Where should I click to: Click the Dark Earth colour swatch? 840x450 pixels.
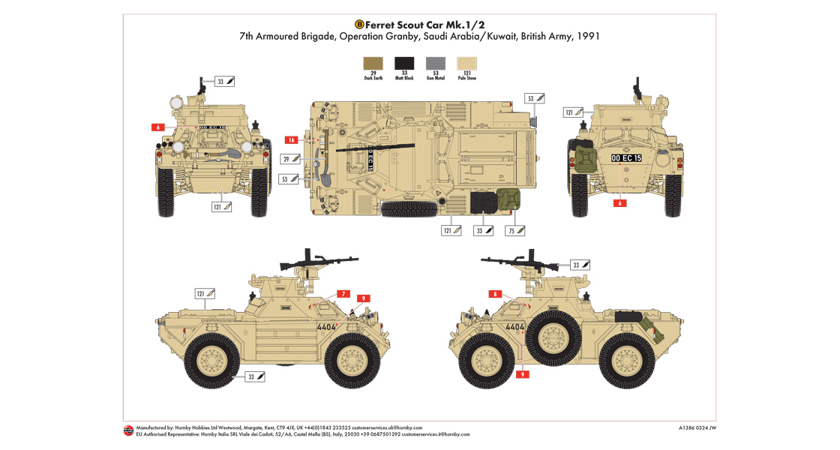(x=373, y=63)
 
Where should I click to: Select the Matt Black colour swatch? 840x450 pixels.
(x=404, y=63)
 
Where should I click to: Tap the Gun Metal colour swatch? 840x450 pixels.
(x=435, y=63)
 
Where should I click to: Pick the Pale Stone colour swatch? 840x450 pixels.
(x=466, y=63)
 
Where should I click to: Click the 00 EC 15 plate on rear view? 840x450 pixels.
(x=626, y=158)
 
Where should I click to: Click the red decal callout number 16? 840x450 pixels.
(x=292, y=139)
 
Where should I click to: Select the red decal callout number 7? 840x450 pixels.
(x=343, y=294)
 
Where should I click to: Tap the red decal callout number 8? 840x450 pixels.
(x=495, y=294)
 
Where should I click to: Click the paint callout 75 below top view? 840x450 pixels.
(x=515, y=230)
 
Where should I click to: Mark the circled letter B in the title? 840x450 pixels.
(x=358, y=23)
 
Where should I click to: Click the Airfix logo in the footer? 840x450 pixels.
(x=128, y=430)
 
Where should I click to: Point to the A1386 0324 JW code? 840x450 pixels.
(x=697, y=428)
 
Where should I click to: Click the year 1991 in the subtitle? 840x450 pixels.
(x=589, y=36)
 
